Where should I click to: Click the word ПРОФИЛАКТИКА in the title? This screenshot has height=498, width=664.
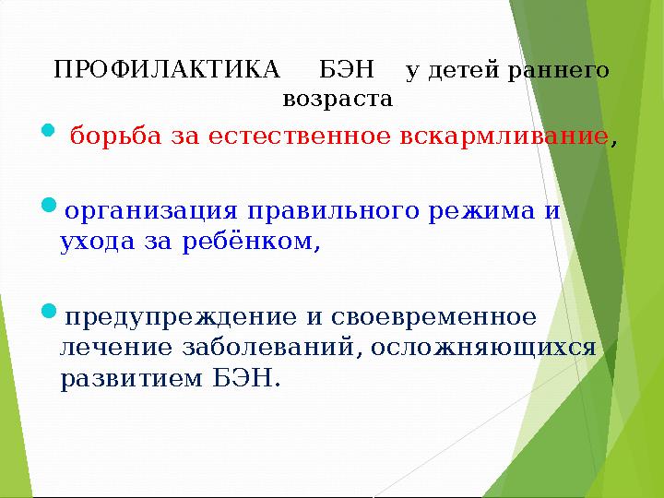(x=167, y=70)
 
